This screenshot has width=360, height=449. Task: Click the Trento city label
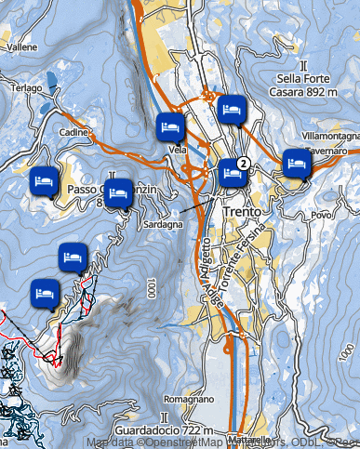click(245, 212)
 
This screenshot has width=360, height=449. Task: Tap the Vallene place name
click(22, 46)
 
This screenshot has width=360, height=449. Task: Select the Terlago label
click(26, 87)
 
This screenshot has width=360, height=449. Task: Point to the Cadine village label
click(72, 134)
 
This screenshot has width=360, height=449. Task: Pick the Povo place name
click(322, 215)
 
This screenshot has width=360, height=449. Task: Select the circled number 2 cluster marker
click(243, 164)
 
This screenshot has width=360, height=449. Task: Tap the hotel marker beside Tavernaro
click(296, 163)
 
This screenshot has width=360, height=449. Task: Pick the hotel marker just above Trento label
click(231, 173)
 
